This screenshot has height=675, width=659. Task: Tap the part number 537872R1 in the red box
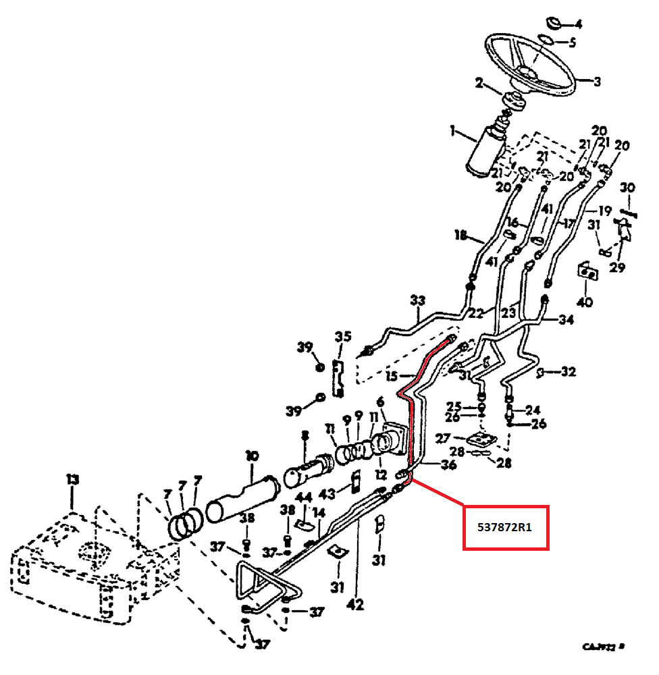tap(505, 527)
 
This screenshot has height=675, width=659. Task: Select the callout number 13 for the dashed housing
tap(72, 480)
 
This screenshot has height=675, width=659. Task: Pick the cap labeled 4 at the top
tap(555, 24)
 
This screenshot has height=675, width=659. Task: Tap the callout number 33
tap(418, 300)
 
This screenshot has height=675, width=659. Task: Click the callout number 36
tap(448, 464)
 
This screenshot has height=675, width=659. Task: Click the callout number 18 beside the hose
tap(461, 236)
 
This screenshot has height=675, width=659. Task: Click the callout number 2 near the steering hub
tap(479, 83)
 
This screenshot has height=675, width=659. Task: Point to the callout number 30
tap(627, 188)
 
